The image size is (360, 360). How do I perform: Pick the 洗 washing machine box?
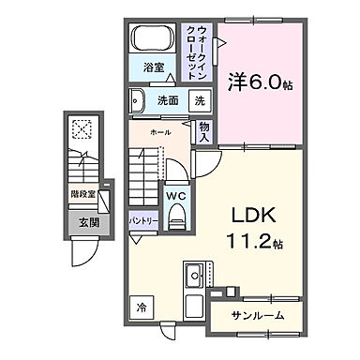coord(200,100)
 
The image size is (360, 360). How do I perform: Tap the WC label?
coord(176,195)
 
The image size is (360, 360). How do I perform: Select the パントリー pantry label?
coord(143,221)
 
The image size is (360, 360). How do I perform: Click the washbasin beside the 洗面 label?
coord(139,100)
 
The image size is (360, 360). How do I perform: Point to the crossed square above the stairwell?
coord(80,131)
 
